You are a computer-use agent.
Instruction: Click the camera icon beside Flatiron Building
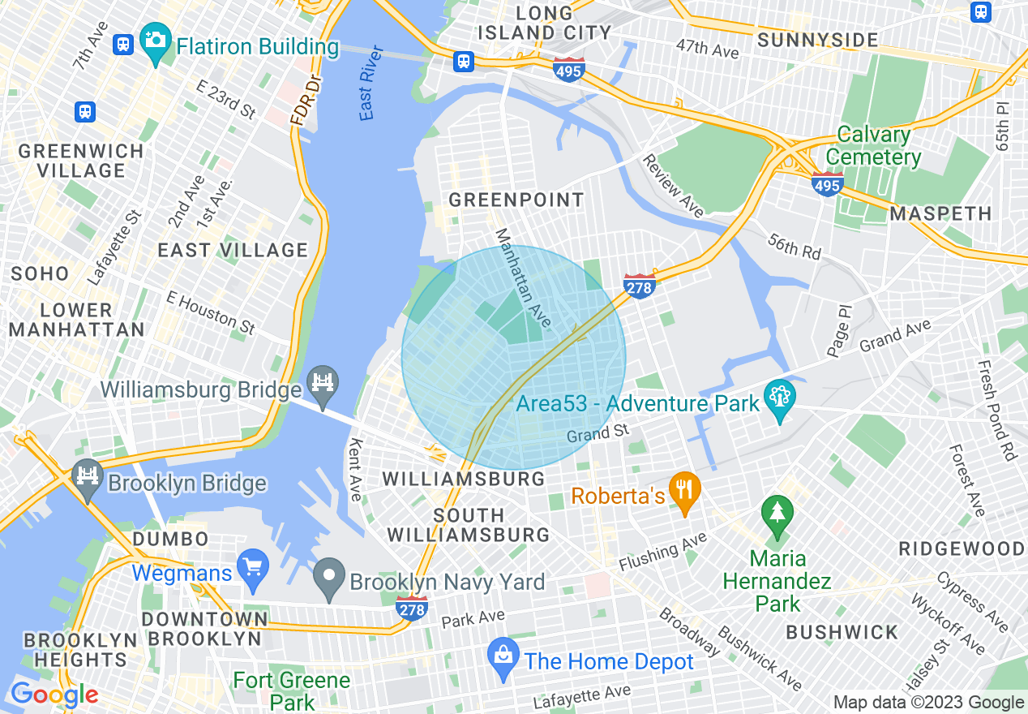pos(154,38)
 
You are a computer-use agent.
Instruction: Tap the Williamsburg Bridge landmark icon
pos(323,379)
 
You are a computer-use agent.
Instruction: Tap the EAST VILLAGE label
pos(233,250)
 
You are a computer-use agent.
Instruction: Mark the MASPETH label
pos(940,214)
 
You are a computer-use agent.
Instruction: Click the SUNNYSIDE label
pos(817,40)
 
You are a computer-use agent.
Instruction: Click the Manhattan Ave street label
pos(523,279)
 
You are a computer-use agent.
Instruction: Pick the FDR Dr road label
pos(306,101)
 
